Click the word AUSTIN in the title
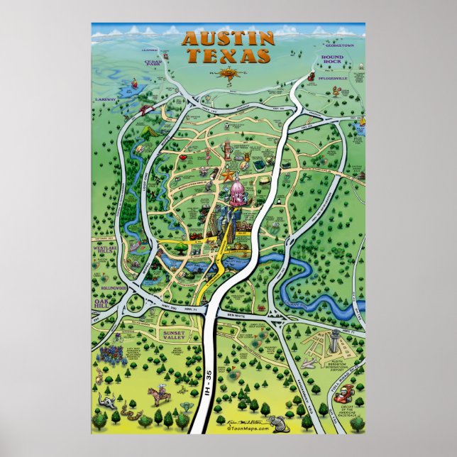[228, 39]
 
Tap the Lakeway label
[105, 100]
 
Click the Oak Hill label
[104, 303]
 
